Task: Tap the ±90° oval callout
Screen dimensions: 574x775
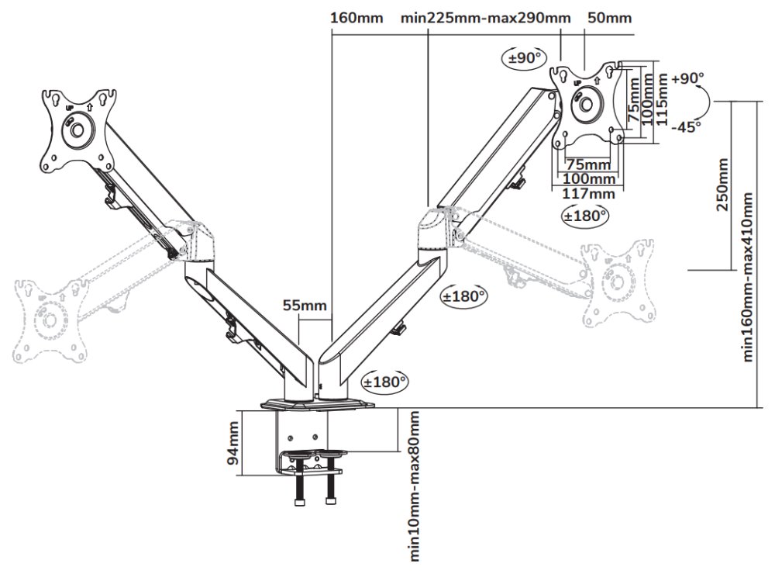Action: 525,58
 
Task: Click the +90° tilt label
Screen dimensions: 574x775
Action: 688,78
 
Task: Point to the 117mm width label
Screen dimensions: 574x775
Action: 588,193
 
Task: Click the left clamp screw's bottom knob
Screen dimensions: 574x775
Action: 300,502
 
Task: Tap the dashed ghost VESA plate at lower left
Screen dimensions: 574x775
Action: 50,318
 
